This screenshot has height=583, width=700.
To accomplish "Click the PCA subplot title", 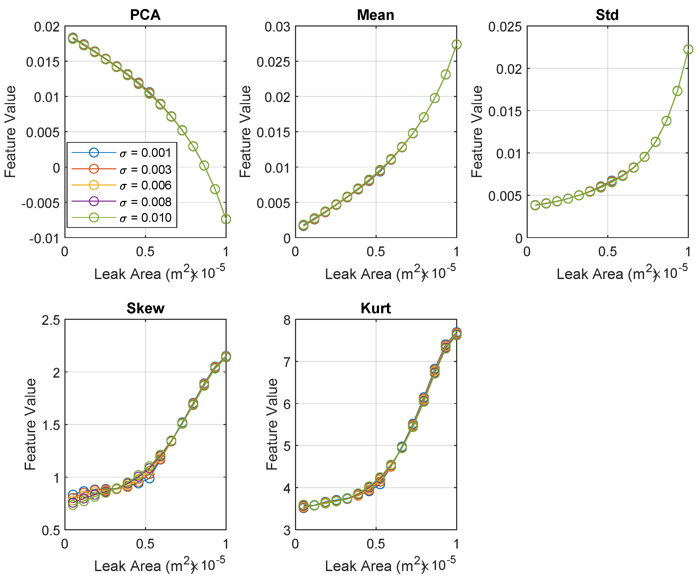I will [x=145, y=15].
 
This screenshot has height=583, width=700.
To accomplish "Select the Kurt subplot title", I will [x=375, y=308].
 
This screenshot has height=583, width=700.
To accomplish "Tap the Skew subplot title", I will [x=145, y=308].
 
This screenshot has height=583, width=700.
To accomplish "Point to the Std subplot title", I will [x=607, y=15].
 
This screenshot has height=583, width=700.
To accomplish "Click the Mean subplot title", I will [x=375, y=15].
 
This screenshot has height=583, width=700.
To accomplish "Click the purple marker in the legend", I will [x=94, y=201].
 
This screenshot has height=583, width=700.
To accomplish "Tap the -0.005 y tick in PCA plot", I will [x=41, y=203].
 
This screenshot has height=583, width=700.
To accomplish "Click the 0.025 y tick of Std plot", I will [x=505, y=27].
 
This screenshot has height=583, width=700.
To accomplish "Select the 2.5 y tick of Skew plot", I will [x=51, y=320].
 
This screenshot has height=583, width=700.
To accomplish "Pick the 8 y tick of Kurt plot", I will [x=287, y=320].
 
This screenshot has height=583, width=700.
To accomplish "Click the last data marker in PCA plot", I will [x=226, y=219].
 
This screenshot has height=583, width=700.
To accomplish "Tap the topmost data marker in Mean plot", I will [x=457, y=44].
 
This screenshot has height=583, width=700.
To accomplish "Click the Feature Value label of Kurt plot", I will [x=272, y=424].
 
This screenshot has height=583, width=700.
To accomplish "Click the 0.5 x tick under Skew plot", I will [x=145, y=544].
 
